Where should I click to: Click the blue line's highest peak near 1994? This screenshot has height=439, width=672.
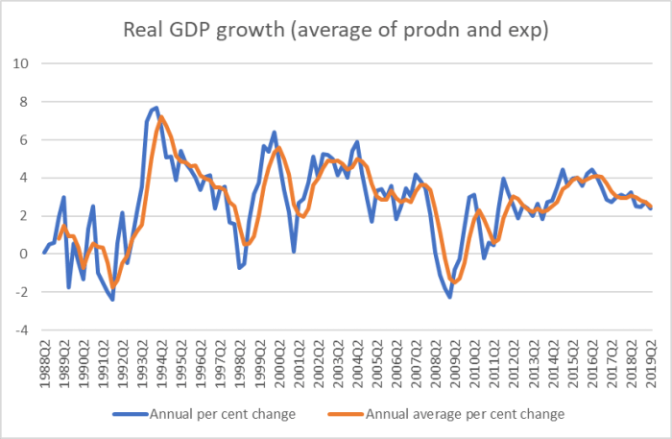pyautogui.click(x=156, y=108)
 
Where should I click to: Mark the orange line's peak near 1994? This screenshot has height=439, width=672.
pyautogui.click(x=161, y=117)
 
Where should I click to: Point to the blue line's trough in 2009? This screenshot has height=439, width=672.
pyautogui.click(x=449, y=297)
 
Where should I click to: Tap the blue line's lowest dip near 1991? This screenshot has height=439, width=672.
pyautogui.click(x=112, y=300)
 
